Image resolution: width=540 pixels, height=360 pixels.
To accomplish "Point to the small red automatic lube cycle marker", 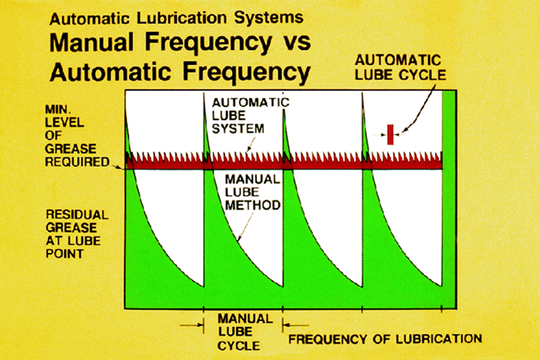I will [x=390, y=135].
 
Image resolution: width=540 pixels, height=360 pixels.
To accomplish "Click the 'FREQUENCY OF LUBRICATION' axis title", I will [x=385, y=339].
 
